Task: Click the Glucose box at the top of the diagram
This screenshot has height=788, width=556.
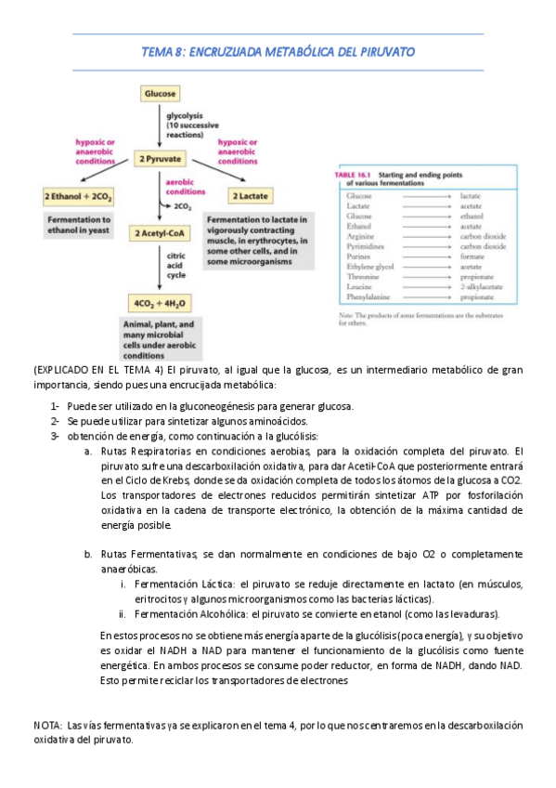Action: point(160,94)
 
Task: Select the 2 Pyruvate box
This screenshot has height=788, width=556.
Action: point(161,159)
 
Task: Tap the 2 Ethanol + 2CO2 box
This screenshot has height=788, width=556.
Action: point(78,197)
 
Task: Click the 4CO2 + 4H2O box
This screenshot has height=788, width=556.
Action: point(161,302)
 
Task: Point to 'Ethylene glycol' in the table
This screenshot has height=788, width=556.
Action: point(369,267)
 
